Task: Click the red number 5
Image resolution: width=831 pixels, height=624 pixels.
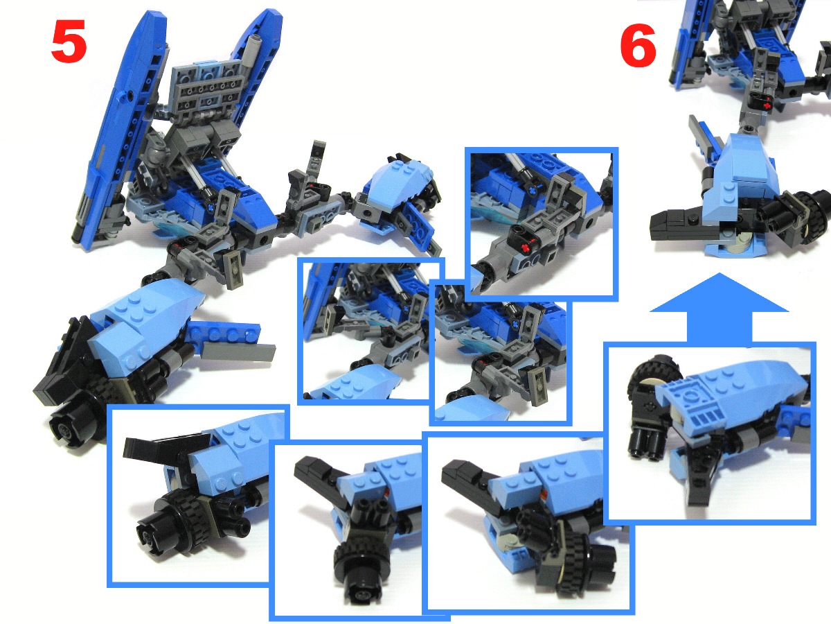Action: click(69, 41)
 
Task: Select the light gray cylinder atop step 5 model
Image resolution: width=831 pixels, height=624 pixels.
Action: click(254, 46)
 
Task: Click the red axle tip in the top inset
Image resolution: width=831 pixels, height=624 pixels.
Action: click(525, 248)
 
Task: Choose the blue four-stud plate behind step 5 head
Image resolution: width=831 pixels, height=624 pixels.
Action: click(224, 333)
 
